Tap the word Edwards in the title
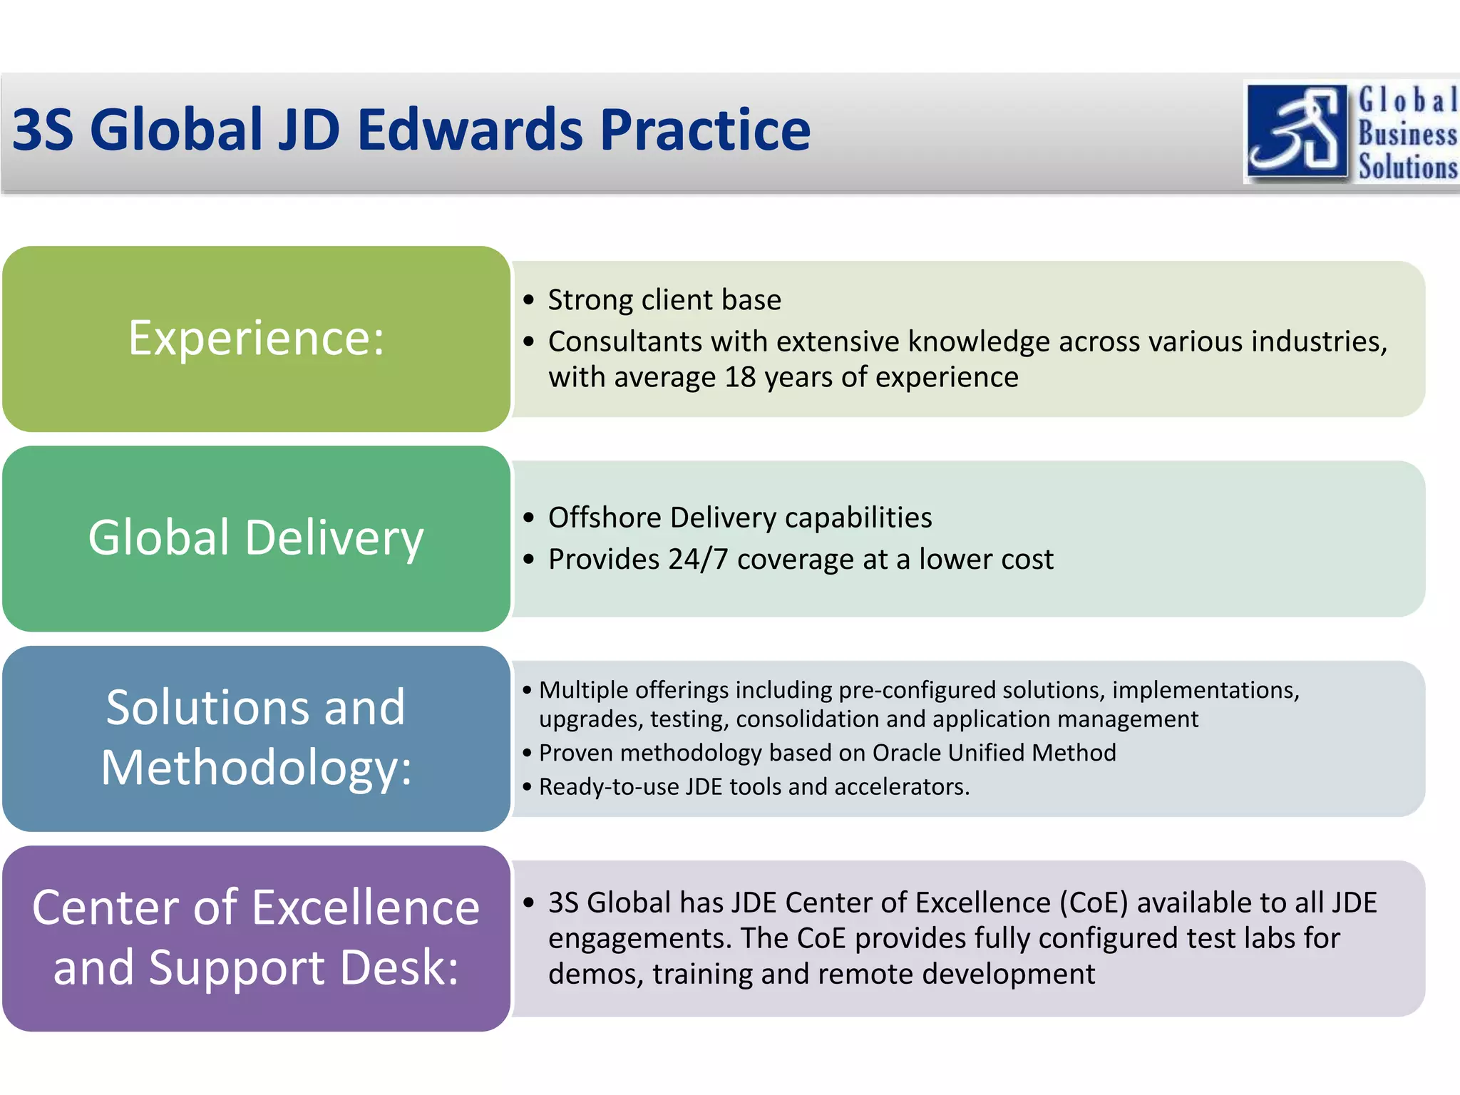coord(470,130)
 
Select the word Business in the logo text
coord(1407,133)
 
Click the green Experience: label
coord(256,338)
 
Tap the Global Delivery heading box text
coord(256,538)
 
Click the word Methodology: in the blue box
coord(256,768)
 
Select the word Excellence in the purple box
coord(368,908)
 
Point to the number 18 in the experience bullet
coord(740,377)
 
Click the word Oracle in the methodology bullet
coord(906,753)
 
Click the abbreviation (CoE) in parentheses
coord(1094,903)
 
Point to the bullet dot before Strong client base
coord(528,300)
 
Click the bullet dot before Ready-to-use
coord(527,787)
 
